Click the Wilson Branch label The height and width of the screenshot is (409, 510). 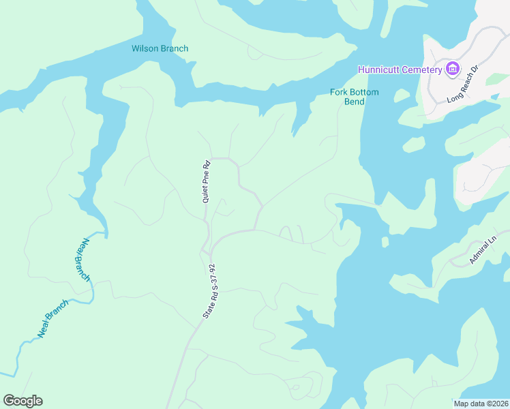click(x=160, y=48)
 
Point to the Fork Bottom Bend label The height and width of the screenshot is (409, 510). click(x=354, y=97)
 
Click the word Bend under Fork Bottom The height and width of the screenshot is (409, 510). click(x=354, y=102)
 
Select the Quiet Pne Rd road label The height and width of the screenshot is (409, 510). click(x=206, y=181)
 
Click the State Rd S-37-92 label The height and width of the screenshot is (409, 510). click(x=209, y=292)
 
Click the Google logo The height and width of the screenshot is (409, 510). click(x=22, y=401)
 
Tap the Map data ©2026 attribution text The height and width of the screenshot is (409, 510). click(x=481, y=404)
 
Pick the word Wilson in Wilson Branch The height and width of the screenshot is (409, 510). click(x=145, y=48)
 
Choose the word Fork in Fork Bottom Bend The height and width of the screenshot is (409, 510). click(x=338, y=92)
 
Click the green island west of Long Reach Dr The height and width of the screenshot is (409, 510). click(x=414, y=145)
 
